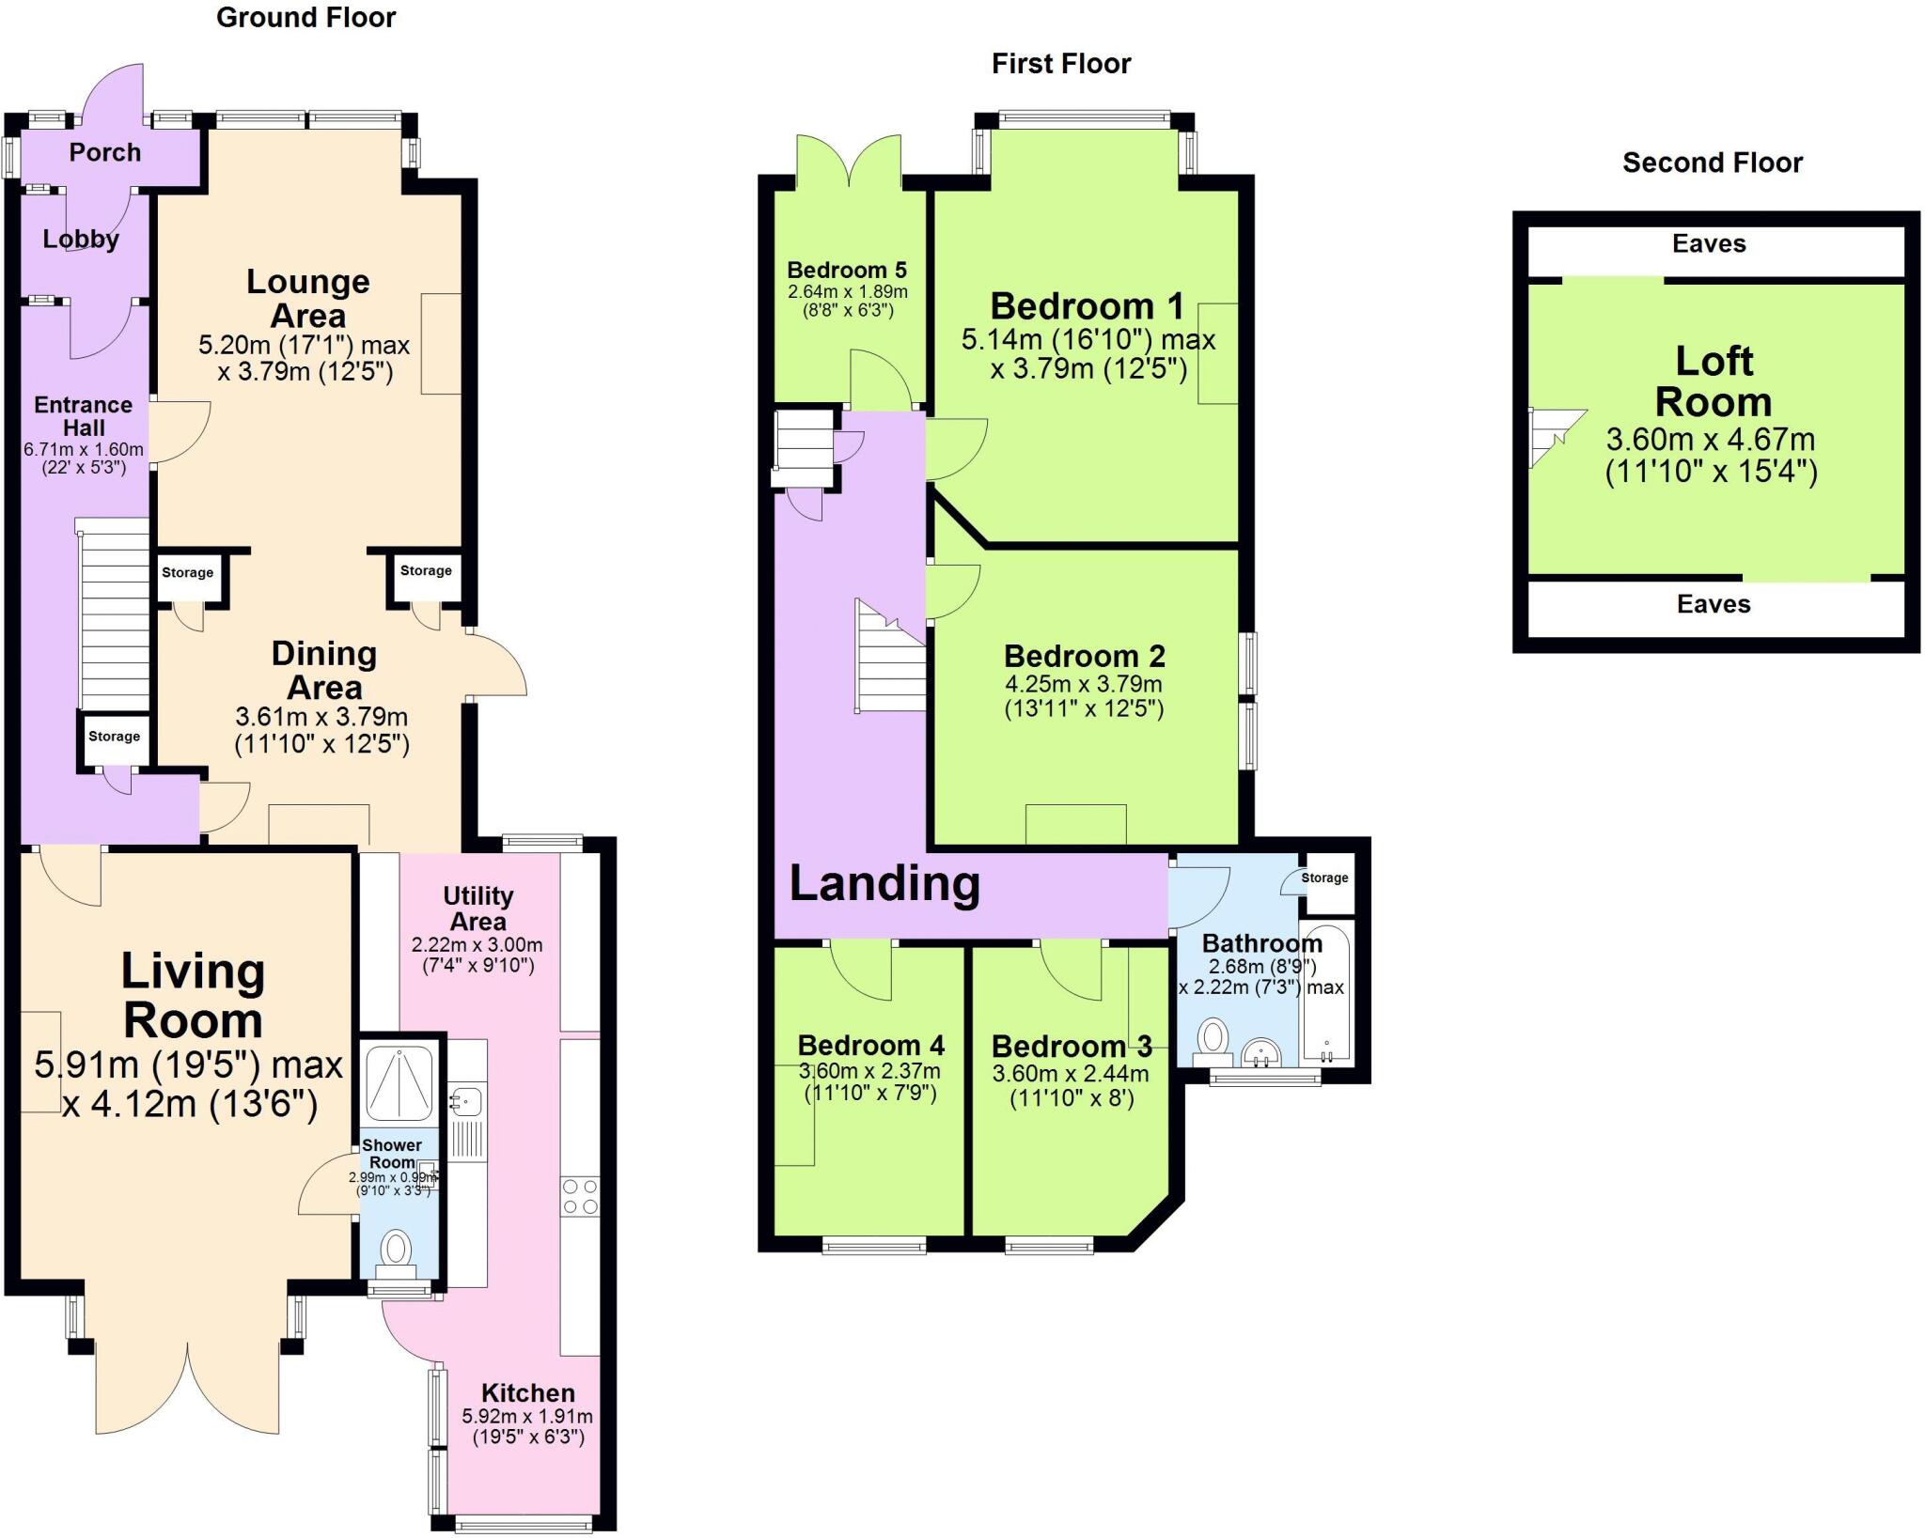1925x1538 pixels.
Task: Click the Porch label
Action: pos(104,152)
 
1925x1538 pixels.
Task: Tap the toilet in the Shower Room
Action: pos(396,1251)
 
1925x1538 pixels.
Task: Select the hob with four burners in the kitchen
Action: pos(580,1197)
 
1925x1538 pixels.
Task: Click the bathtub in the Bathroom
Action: pos(1326,994)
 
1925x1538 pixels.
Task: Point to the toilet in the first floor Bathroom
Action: pos(1213,1041)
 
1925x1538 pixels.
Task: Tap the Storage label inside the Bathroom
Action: pos(1324,878)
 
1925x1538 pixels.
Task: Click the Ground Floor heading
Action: pos(305,18)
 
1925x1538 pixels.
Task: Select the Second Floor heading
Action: pos(1712,163)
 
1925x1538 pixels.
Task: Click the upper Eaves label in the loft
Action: pos(1708,244)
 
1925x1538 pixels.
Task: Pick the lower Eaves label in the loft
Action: pos(1713,604)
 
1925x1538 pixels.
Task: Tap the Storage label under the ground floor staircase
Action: pos(114,737)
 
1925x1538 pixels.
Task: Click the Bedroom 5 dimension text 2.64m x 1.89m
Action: pos(847,291)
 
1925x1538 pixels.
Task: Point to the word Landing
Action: pos(884,883)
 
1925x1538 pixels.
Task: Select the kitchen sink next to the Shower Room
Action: pos(465,1099)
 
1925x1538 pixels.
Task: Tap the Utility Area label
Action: pos(477,909)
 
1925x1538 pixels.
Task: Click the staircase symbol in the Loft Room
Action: pos(1553,437)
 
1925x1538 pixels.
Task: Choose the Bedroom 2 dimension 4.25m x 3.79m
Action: pos(1084,684)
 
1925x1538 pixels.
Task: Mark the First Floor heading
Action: pos(1060,64)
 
